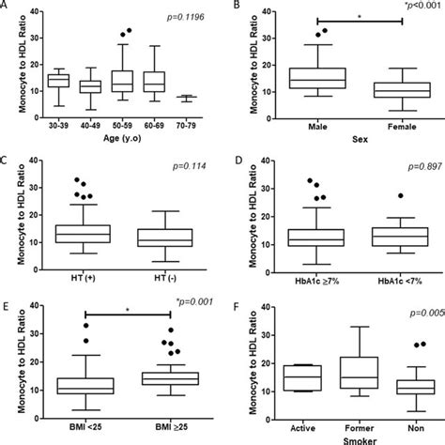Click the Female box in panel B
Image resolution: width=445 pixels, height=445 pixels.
[389, 89]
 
